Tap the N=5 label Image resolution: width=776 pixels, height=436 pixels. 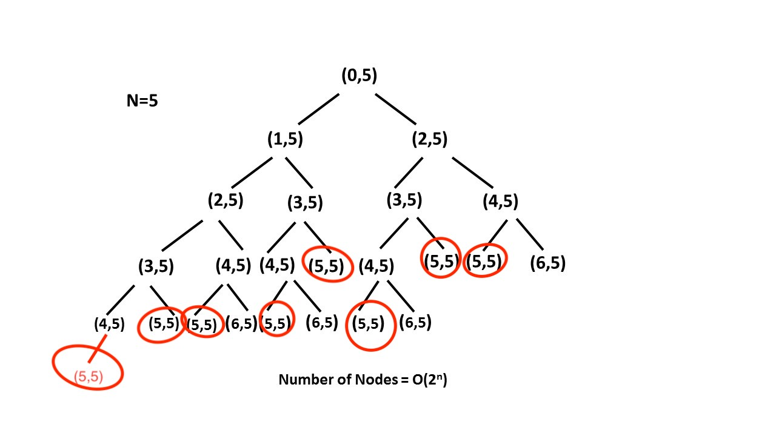[x=142, y=101]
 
